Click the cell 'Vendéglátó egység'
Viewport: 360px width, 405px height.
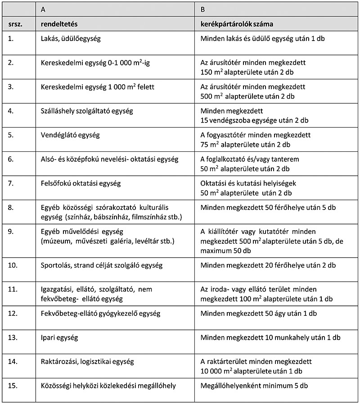tap(70, 135)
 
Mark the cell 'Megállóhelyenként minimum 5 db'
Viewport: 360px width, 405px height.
tap(254, 386)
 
